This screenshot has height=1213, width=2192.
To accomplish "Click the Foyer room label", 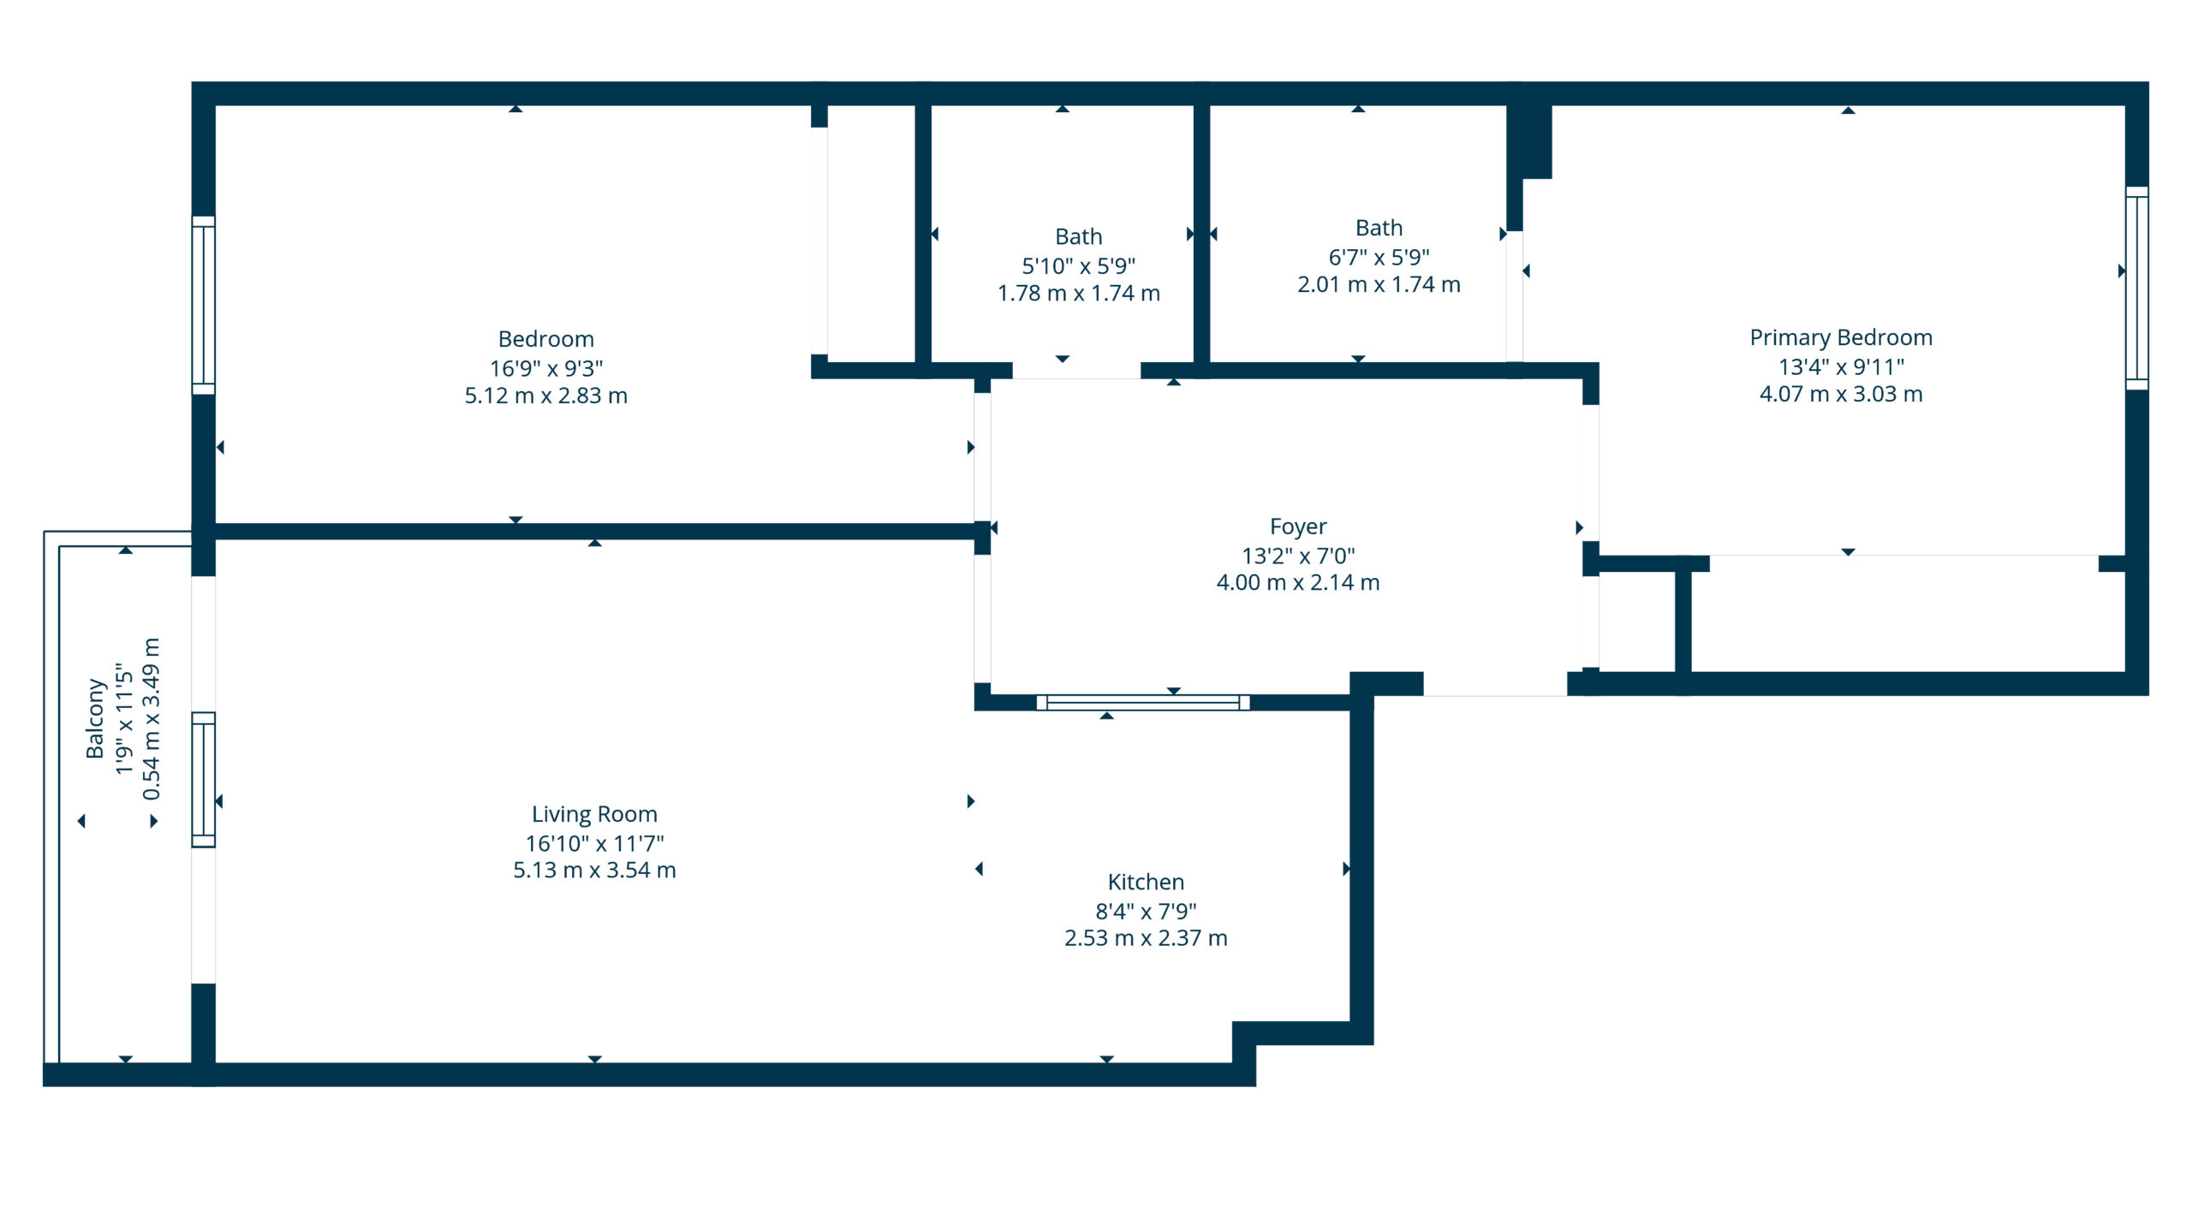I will tap(1297, 526).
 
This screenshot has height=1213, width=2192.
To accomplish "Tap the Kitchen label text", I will tap(1145, 881).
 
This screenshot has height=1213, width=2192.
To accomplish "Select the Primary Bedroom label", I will tap(1840, 336).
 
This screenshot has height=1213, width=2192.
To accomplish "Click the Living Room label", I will tap(594, 813).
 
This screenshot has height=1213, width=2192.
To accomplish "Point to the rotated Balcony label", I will tap(94, 718).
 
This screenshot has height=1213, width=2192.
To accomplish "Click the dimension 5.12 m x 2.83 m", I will tap(545, 395).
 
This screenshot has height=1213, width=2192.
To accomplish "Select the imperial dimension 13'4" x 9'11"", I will tap(1840, 366).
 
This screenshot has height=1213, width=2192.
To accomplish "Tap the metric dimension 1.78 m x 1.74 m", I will tap(1078, 293).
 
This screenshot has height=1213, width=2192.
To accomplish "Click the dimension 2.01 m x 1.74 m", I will tap(1378, 284).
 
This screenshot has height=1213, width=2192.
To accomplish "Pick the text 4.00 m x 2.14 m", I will tap(1297, 582).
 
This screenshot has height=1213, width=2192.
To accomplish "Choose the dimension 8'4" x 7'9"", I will tap(1145, 911).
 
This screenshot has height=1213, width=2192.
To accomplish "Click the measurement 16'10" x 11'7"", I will tap(594, 843).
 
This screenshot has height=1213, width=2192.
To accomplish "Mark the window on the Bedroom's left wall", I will tap(203, 305).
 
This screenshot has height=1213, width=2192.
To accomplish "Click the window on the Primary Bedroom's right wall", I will tap(2136, 288).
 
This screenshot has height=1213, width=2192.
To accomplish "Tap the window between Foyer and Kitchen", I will tap(1142, 702).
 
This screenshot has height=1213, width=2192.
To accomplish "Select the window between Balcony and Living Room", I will tap(203, 779).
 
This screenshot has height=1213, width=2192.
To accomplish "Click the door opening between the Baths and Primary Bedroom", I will tap(1514, 295).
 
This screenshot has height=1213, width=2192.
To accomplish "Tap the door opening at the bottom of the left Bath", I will tap(1076, 370).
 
